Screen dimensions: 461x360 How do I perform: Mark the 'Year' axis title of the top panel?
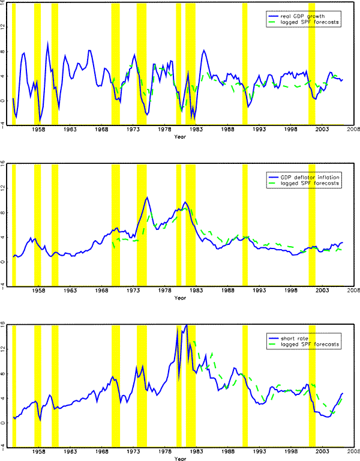[x=179, y=137]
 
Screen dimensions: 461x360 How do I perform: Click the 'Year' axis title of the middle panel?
[x=179, y=298]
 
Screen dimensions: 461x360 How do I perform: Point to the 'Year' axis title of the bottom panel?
[x=179, y=459]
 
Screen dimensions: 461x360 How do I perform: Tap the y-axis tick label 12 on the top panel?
[x=4, y=26]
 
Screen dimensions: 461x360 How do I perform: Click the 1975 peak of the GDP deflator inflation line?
[x=146, y=197]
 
